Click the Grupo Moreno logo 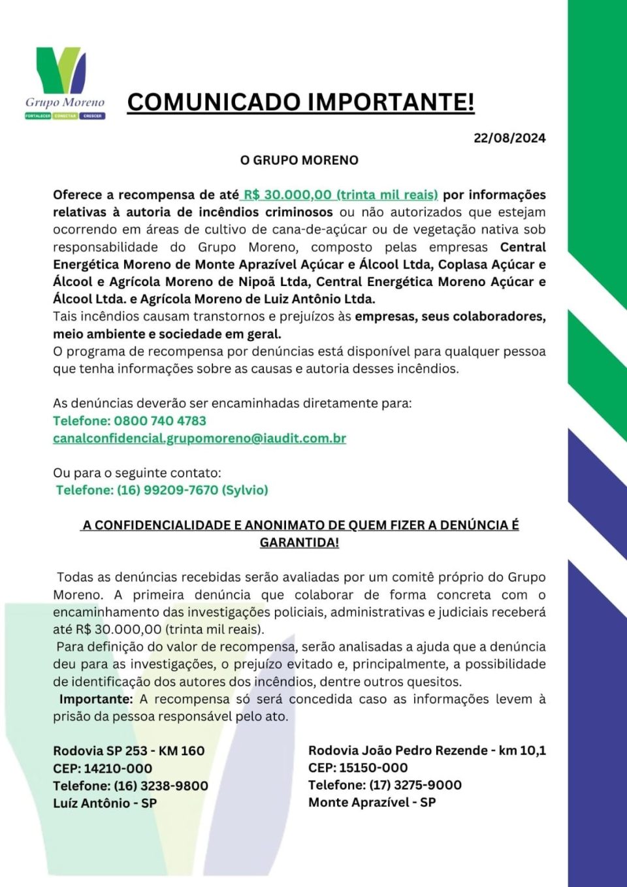[65, 82]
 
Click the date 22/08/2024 [509, 138]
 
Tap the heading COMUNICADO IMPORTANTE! [300, 102]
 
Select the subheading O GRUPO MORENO [299, 160]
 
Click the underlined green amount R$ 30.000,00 [287, 195]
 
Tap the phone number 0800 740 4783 [160, 421]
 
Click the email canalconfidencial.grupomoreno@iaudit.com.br [199, 438]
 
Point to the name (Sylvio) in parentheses [245, 490]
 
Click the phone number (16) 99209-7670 [167, 490]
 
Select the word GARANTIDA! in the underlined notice [299, 542]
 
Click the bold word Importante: [95, 699]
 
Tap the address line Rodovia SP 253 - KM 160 [129, 751]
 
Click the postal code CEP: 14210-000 [103, 769]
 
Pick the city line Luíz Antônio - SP [104, 803]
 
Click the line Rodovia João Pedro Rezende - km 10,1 [427, 750]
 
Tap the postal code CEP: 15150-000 [358, 767]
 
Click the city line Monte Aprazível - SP [372, 802]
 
